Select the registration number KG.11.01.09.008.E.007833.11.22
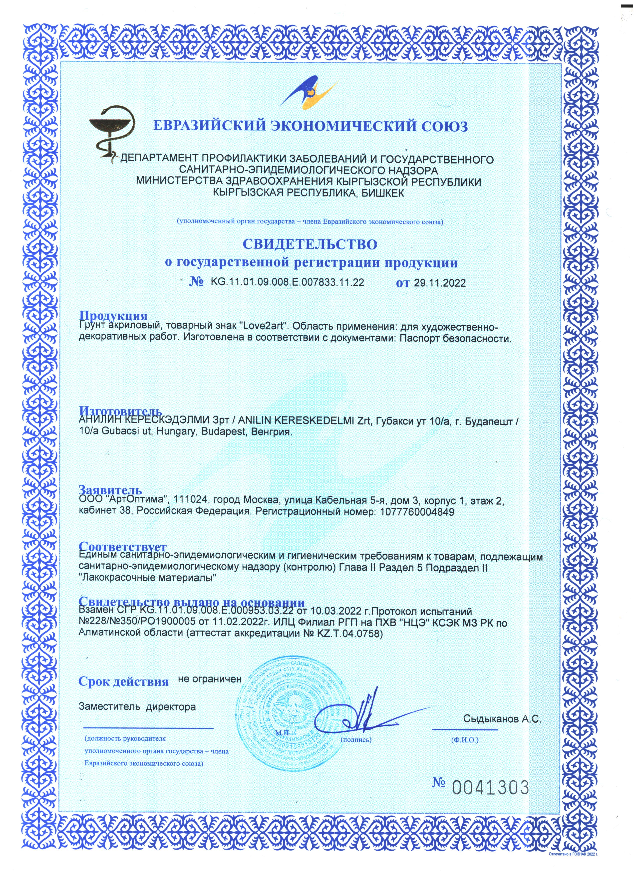[x=288, y=282]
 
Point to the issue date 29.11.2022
[x=440, y=283]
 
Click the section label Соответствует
[x=122, y=547]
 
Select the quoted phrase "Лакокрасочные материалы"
[x=147, y=579]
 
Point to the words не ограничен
[x=210, y=679]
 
